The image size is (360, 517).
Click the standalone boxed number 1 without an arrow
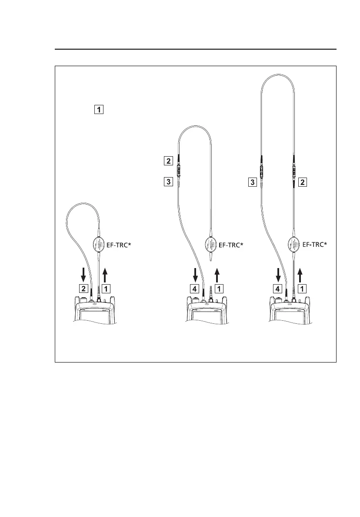click(99, 110)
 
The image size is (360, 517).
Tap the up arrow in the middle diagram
click(217, 275)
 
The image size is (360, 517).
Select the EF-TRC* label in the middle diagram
click(231, 245)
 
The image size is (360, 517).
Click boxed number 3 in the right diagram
click(251, 182)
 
